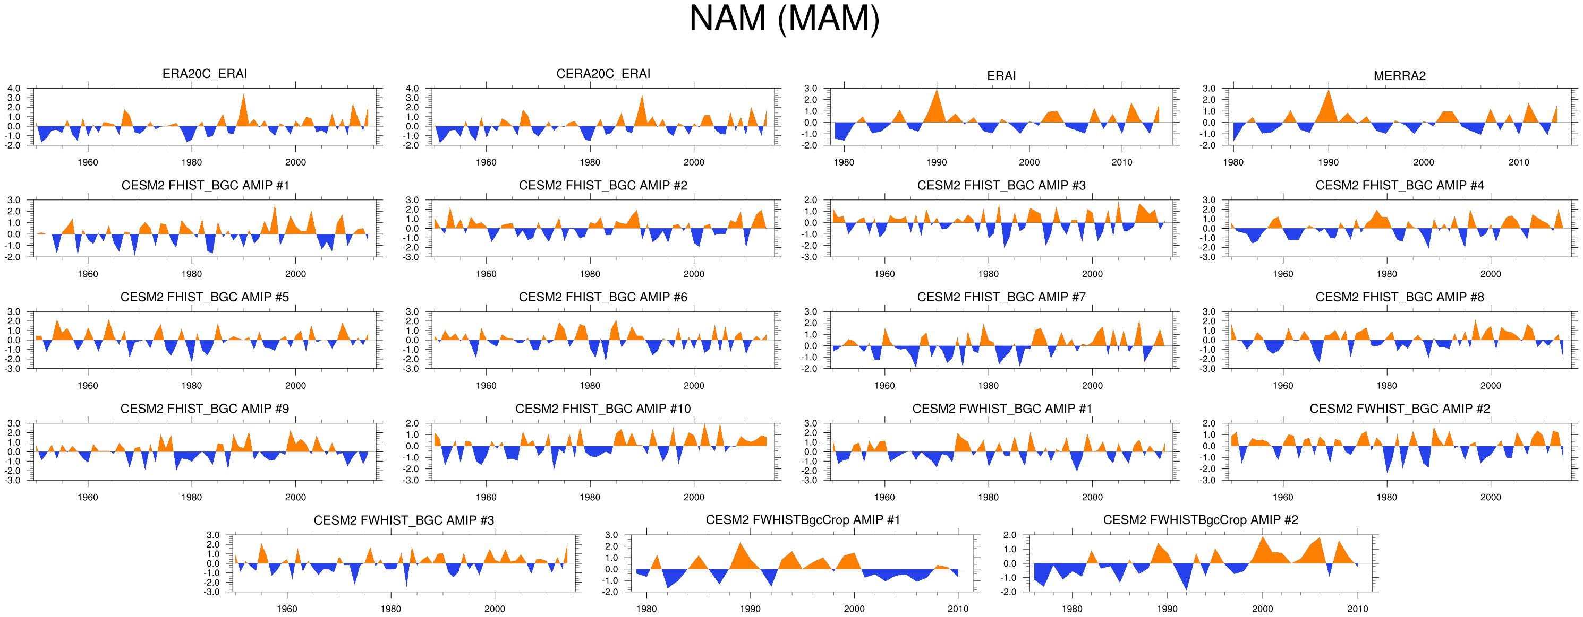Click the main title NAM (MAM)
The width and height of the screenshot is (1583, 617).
784,19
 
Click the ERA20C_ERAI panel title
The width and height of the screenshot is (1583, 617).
205,74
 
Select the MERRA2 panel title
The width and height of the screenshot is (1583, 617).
1399,75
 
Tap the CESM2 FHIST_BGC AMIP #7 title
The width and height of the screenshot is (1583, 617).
1001,297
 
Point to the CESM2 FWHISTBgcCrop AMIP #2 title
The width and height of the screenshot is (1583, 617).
1200,520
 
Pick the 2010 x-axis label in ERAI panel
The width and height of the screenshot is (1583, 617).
1121,162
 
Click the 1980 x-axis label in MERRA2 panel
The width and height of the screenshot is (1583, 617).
1233,162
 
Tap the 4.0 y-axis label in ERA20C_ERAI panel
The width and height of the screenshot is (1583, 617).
13,89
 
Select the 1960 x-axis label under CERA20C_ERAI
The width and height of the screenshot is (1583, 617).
486,162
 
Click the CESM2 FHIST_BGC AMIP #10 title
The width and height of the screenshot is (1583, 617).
603,409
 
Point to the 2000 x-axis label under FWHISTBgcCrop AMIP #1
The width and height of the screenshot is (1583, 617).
854,609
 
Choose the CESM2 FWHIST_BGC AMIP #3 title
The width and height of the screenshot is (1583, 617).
404,520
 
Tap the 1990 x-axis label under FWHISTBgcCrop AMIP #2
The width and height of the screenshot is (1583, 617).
1167,609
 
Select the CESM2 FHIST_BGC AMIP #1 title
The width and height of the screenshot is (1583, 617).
205,185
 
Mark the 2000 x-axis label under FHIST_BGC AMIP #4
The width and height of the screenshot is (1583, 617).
1490,274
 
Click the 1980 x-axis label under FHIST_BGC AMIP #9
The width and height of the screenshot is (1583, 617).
191,497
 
